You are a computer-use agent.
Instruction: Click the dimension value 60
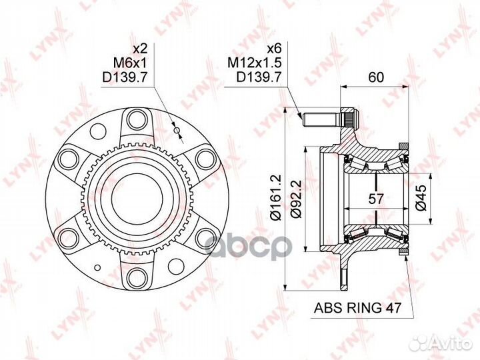pyautogui.click(x=376, y=77)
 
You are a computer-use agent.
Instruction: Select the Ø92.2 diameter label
pyautogui.click(x=297, y=199)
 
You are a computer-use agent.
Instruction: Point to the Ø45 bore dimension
pyautogui.click(x=421, y=198)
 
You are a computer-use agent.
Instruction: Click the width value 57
pyautogui.click(x=375, y=199)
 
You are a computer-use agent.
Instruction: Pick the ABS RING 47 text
pyautogui.click(x=357, y=307)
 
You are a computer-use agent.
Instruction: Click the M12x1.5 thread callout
pyautogui.click(x=254, y=63)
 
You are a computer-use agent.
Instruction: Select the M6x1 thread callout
pyautogui.click(x=130, y=63)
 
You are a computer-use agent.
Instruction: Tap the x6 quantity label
pyautogui.click(x=274, y=49)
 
